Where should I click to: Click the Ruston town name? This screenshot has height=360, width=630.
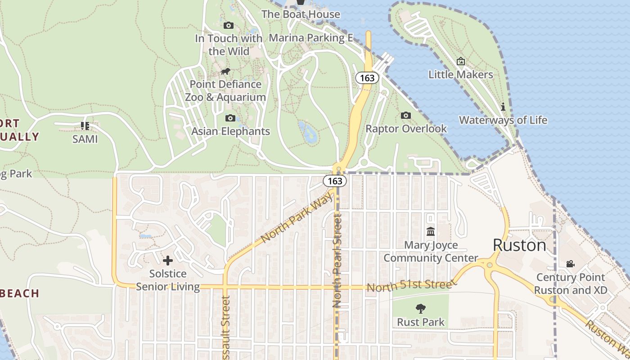[x=520, y=245]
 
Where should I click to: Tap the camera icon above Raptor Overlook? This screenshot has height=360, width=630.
[x=406, y=116]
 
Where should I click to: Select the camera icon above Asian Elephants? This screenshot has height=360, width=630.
[x=230, y=118]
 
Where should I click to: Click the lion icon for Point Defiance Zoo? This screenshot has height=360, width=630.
[x=225, y=72]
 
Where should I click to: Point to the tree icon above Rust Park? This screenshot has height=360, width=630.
[x=421, y=309]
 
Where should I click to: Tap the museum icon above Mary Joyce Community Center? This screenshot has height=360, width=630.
[x=431, y=232]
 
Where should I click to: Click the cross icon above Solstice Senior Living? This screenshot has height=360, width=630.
[x=168, y=261]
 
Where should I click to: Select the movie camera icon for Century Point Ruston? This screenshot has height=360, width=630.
[x=571, y=264]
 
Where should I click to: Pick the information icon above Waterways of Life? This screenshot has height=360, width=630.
[x=503, y=107]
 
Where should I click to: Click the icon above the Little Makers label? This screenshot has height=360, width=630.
[x=461, y=61]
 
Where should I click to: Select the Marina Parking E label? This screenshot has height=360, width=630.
[x=310, y=38]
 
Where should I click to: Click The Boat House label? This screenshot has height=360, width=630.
[x=301, y=14]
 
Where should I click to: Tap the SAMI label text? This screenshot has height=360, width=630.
[x=85, y=139]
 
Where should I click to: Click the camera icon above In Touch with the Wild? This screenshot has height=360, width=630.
[x=229, y=26]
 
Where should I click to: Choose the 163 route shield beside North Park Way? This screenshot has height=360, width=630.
[x=335, y=181]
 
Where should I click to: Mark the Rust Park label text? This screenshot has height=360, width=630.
[x=421, y=322]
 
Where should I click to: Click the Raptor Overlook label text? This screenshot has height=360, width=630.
[x=406, y=129]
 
